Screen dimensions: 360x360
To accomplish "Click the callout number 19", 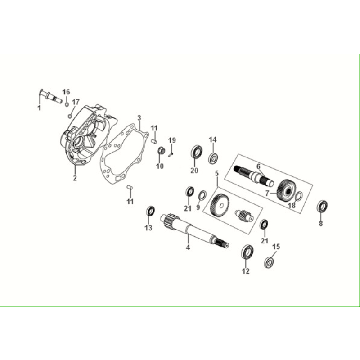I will pos(172,139).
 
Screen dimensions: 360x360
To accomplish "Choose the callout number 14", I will pos(212,138).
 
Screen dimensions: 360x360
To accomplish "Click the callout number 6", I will pos(258,165).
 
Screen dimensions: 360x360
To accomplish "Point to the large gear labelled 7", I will pos(289,192).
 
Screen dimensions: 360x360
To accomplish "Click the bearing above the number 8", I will pos(323,207).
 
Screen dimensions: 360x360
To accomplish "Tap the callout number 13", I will pos(148,228).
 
